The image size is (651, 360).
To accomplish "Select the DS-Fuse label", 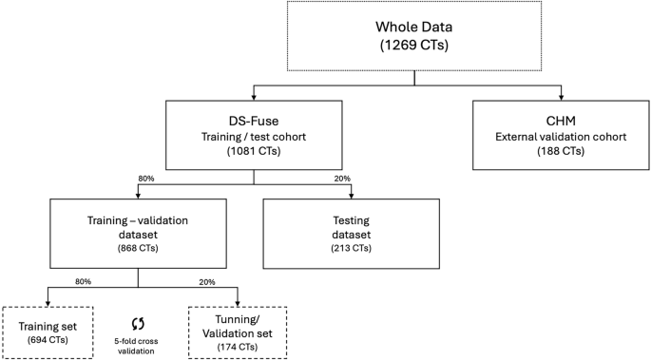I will click(253, 118).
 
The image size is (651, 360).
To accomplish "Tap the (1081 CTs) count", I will click(253, 150).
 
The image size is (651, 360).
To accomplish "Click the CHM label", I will click(562, 118).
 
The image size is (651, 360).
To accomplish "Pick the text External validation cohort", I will click(562, 134).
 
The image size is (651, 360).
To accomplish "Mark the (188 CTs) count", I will click(562, 150).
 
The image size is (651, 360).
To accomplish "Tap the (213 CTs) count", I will click(350, 248).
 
